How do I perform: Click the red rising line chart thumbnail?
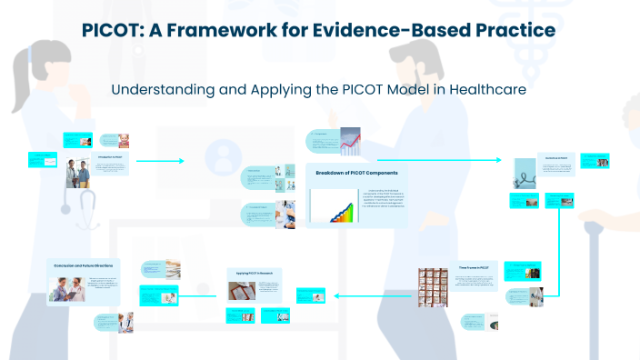click(x=351, y=142)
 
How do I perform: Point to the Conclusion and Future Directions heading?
click(x=84, y=265)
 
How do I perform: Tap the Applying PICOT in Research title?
click(x=255, y=273)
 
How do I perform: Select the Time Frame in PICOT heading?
click(x=473, y=268)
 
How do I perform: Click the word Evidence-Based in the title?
click(x=382, y=30)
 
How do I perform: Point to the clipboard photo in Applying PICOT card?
click(x=241, y=290)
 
